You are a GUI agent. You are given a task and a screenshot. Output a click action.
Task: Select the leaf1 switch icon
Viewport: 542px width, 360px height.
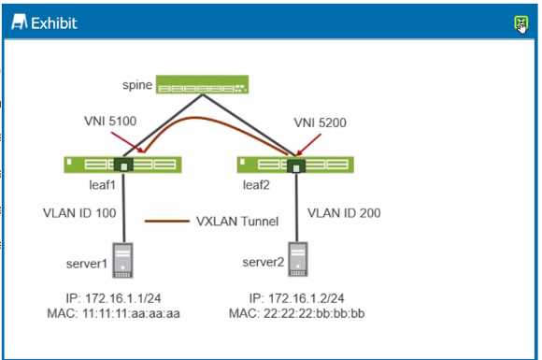[121, 165]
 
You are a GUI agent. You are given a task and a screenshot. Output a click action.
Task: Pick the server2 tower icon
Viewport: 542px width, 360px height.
[298, 263]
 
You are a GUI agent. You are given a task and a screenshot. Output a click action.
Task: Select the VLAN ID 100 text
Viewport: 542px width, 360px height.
[79, 212]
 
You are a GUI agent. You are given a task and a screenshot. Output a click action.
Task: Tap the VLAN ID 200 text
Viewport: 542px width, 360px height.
[344, 212]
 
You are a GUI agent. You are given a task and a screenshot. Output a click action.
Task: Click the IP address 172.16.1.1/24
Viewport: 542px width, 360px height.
[110, 297]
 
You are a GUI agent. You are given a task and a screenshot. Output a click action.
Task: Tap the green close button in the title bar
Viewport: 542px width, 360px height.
[521, 22]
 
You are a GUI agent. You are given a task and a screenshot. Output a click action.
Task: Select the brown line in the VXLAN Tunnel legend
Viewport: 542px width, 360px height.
[166, 222]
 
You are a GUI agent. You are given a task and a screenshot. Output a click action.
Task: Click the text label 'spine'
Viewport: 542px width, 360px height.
[136, 86]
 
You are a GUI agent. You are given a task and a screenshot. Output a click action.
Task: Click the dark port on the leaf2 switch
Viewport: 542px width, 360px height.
[296, 166]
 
